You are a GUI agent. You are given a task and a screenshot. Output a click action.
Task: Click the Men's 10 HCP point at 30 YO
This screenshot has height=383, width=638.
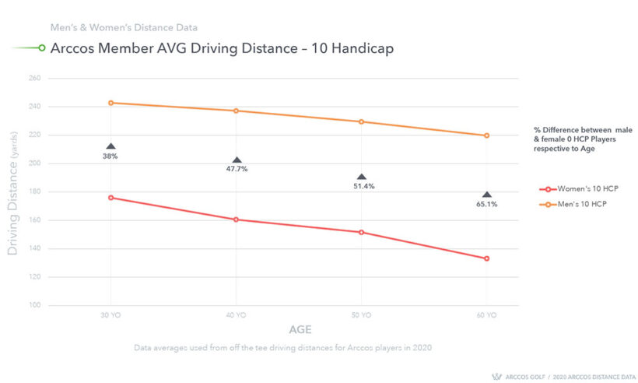tap(110, 103)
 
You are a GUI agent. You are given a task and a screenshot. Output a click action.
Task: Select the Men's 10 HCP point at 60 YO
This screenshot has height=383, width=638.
tap(487, 135)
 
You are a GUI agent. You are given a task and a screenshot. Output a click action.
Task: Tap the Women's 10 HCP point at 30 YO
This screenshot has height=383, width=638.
tap(110, 198)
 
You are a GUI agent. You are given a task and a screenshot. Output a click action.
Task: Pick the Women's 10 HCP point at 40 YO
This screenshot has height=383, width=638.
tap(236, 220)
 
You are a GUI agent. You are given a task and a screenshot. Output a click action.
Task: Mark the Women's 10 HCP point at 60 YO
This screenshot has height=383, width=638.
tap(487, 258)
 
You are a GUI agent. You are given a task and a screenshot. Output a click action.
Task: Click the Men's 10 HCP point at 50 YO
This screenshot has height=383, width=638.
tap(362, 121)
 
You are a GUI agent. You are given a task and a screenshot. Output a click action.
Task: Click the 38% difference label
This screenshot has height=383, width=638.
tap(110, 156)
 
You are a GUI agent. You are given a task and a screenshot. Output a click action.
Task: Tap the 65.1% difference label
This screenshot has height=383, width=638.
tap(487, 204)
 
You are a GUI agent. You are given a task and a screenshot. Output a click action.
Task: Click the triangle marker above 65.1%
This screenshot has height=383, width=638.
tap(487, 195)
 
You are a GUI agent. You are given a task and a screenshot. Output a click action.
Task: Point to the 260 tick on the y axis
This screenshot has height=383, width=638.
tap(35, 79)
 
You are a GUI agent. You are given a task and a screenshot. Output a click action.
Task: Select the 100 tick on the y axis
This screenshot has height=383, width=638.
tap(35, 305)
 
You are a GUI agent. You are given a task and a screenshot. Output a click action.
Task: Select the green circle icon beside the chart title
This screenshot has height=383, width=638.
tap(41, 48)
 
